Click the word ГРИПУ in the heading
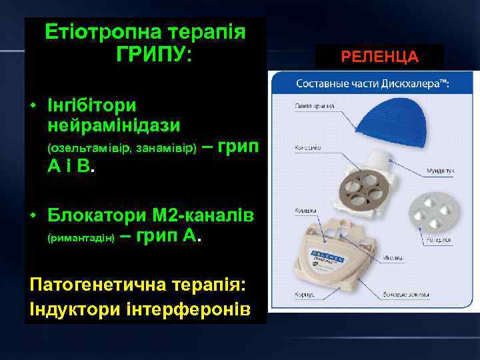pyautogui.click(x=153, y=54)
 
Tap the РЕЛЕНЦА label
pyautogui.click(x=379, y=57)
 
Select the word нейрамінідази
pyautogui.click(x=114, y=125)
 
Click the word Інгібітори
pyautogui.click(x=92, y=105)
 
